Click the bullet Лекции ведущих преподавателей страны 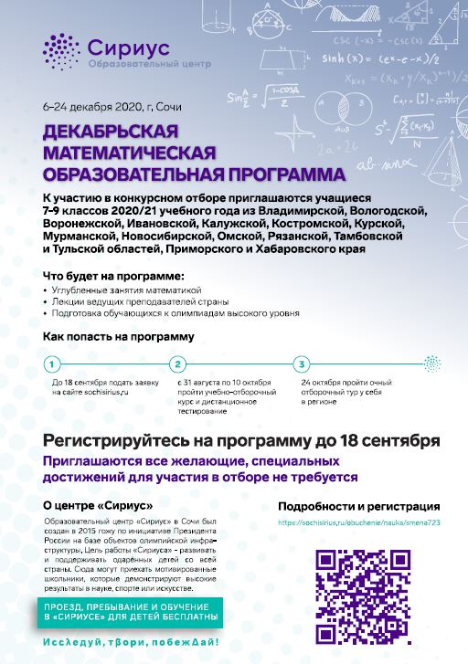(x=138, y=301)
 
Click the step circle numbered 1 (x=52, y=364)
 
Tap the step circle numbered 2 (x=178, y=364)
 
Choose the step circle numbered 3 (x=303, y=364)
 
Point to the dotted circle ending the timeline (x=427, y=364)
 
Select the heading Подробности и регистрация (x=359, y=506)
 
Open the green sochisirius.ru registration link (x=358, y=524)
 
